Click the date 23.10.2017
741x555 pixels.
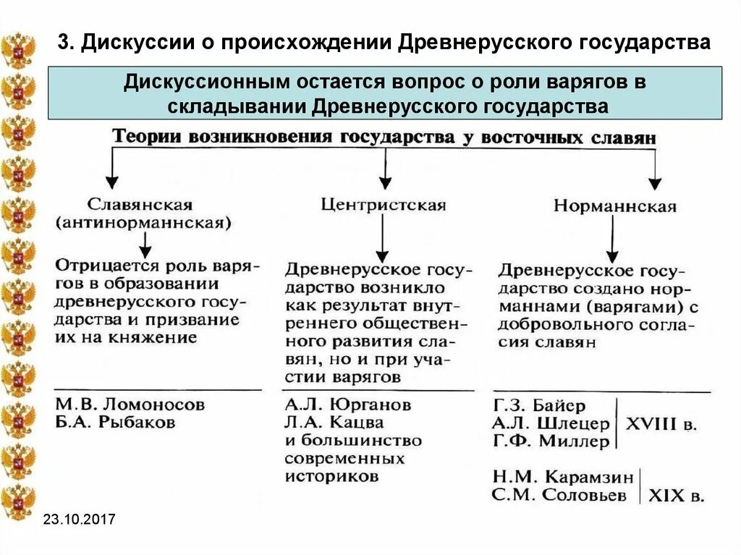(79, 520)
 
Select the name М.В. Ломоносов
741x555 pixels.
(130, 404)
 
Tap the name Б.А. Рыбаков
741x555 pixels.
(115, 423)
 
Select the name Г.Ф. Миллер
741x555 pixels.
(551, 441)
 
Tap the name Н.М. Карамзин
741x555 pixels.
(562, 478)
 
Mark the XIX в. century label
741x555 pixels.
(676, 496)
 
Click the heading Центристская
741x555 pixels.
(384, 205)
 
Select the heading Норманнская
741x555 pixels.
(615, 206)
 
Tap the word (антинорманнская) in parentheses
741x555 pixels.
(143, 223)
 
